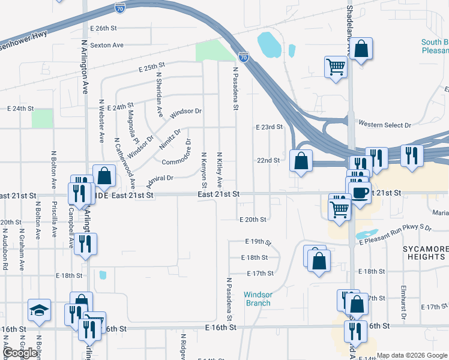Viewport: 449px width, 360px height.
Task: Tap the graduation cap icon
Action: pos(40,310)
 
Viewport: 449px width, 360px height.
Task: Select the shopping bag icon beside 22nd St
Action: pos(301,161)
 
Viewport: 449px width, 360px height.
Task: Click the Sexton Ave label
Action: pos(106,45)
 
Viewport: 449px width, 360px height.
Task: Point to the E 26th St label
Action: pos(103,28)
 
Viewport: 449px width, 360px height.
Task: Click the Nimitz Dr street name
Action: pos(170,139)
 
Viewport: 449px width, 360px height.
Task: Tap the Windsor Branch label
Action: pos(258,299)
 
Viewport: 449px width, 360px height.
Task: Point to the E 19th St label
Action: pos(259,241)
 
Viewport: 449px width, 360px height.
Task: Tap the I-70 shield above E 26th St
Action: pos(120,8)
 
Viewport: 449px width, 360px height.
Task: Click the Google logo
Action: pos(20,353)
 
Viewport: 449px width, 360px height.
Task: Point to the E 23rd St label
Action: pos(269,127)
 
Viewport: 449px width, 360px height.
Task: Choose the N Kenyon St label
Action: pos(204,168)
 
